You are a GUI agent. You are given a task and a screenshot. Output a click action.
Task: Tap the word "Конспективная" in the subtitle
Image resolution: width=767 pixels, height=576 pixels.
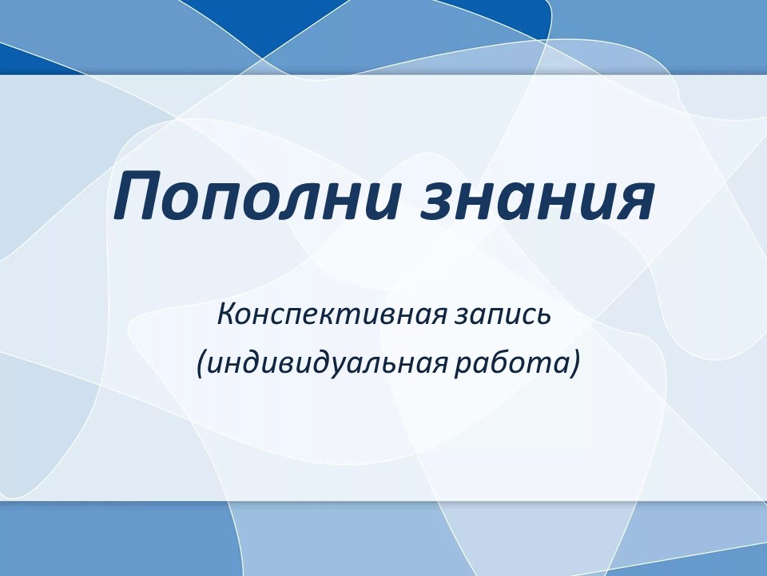tap(332, 314)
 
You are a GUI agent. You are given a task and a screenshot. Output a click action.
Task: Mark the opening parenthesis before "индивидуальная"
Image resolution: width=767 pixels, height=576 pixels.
tap(201, 365)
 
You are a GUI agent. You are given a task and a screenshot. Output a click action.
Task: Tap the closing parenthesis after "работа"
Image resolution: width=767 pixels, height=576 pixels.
tap(574, 365)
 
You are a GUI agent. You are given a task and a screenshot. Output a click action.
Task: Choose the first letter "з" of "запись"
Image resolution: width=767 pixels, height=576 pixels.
tap(463, 318)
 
